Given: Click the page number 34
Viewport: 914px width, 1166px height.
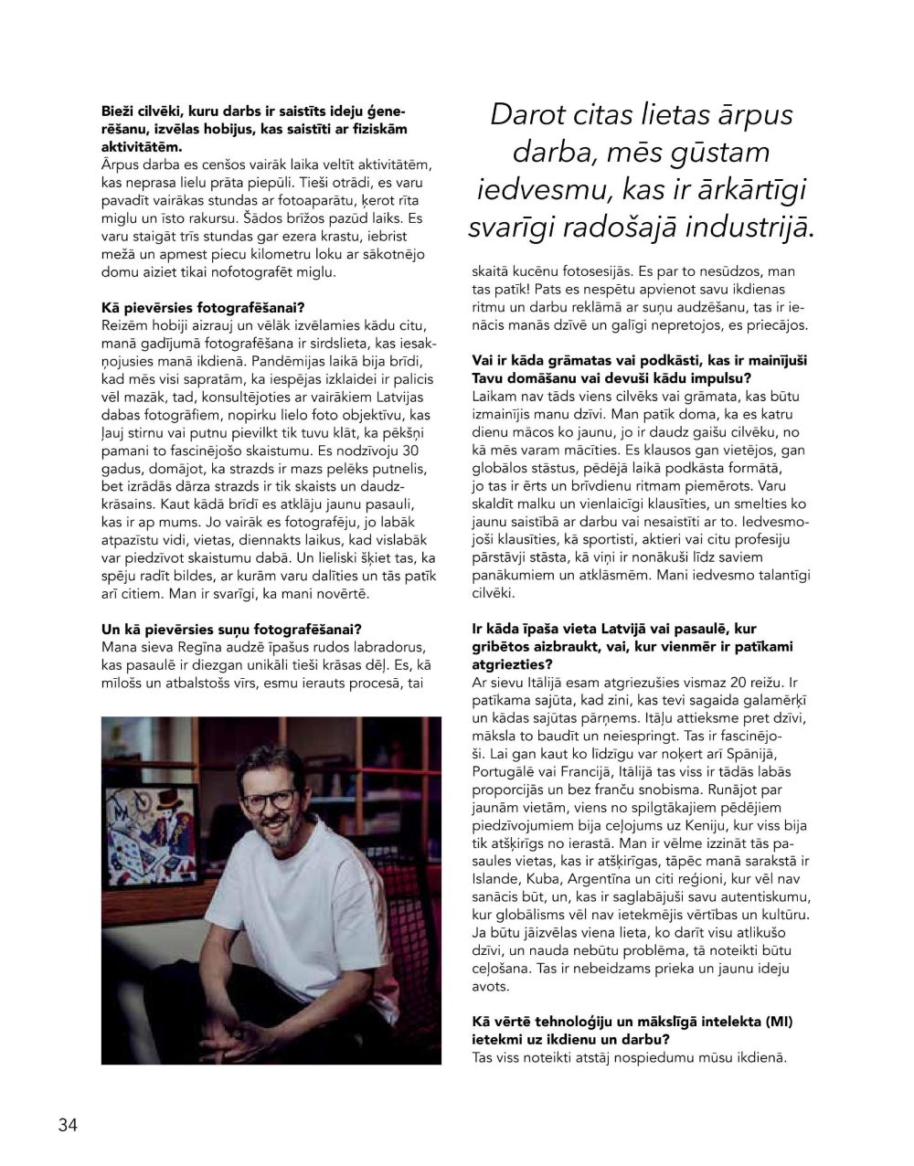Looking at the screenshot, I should click(68, 1124).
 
